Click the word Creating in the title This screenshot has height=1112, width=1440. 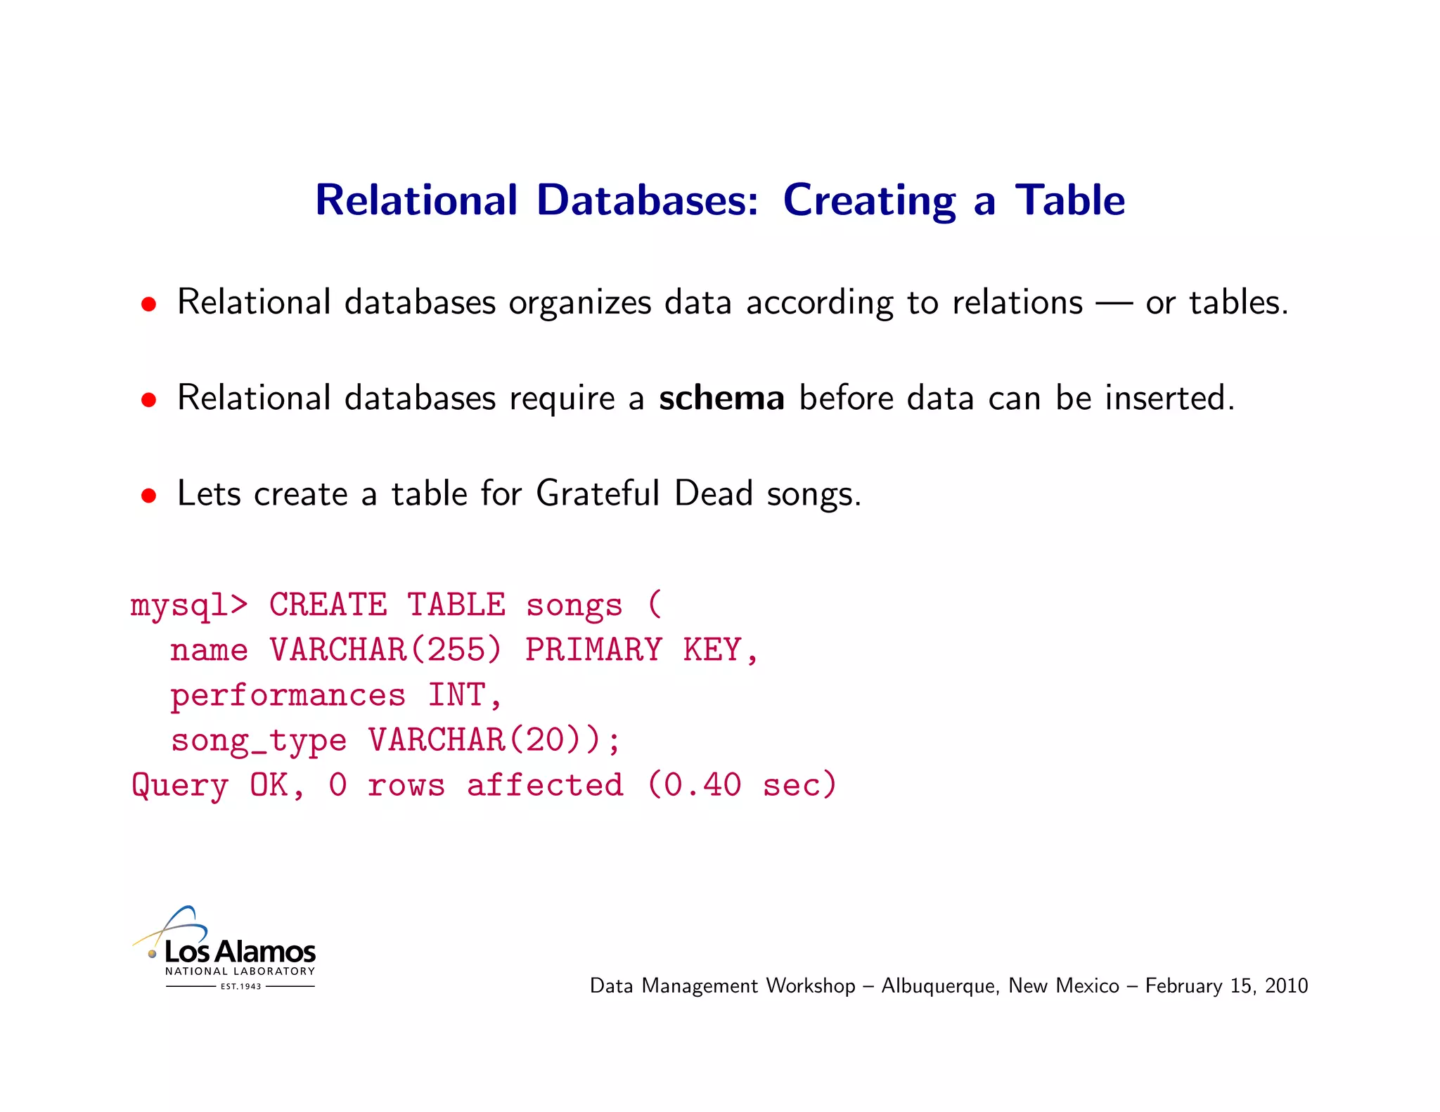tap(869, 200)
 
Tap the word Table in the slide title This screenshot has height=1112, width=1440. tap(1069, 200)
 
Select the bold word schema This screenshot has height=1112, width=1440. tap(721, 398)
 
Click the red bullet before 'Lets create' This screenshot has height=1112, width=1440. tap(148, 496)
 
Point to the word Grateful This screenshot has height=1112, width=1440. tap(597, 493)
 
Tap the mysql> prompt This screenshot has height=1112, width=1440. tap(189, 605)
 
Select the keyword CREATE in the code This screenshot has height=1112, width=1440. tap(328, 605)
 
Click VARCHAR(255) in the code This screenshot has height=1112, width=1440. tap(385, 650)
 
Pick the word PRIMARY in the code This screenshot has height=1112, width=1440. tap(593, 650)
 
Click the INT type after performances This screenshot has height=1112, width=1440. tap(456, 695)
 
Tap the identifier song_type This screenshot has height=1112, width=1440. tap(259, 741)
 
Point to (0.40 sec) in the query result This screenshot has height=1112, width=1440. tap(742, 785)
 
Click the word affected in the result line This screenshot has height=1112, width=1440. tap(545, 785)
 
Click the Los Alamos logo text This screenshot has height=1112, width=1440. tap(240, 952)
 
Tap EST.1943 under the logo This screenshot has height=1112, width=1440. tap(240, 986)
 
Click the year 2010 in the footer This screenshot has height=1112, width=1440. tap(1286, 985)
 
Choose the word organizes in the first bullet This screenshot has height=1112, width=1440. tap(580, 304)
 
